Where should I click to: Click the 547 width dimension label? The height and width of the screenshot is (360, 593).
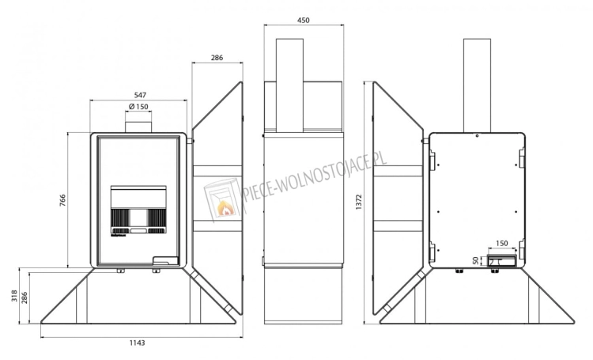click(139, 96)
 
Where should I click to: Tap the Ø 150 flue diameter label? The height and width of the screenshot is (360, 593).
click(138, 107)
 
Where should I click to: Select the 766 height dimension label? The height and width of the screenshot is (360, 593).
click(62, 200)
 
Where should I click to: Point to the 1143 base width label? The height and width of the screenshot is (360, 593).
click(138, 343)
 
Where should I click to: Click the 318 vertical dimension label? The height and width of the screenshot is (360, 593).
click(14, 295)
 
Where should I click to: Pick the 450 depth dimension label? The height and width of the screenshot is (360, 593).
click(304, 20)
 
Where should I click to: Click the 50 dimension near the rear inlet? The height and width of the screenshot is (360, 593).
click(476, 260)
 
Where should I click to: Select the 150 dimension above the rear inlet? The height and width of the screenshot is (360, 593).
click(501, 244)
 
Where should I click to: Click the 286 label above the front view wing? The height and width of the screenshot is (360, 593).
click(217, 58)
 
